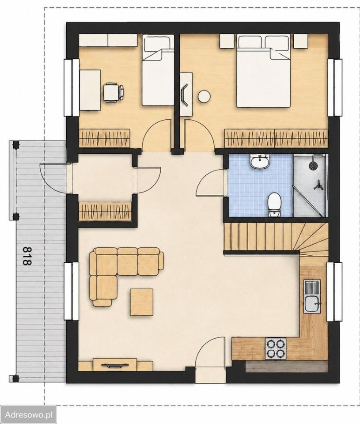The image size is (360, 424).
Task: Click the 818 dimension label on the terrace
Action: click(x=26, y=256)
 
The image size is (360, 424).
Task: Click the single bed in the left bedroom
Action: click(x=158, y=70)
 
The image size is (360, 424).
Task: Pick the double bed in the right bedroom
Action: click(x=264, y=71)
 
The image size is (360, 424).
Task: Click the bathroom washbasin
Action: click(x=260, y=162)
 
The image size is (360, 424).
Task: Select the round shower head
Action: click(x=313, y=165)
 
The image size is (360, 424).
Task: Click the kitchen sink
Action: click(x=312, y=297)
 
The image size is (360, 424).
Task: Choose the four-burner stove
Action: click(x=275, y=348)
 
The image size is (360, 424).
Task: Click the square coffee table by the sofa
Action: click(x=141, y=302)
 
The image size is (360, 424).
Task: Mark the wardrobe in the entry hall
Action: click(x=105, y=210)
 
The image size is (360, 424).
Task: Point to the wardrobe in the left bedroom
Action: click(x=104, y=138)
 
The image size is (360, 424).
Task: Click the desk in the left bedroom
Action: click(x=90, y=90)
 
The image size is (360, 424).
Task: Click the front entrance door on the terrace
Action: click(x=53, y=178)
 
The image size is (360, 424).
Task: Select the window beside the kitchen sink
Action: click(x=334, y=291)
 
